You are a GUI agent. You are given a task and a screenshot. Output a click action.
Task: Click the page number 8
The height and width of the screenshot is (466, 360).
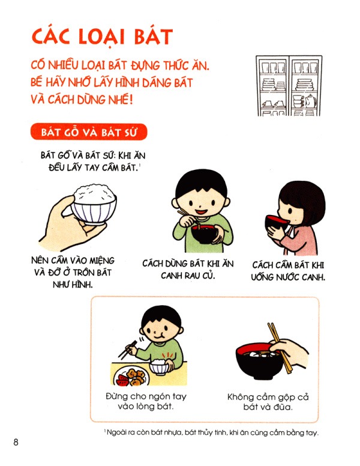pyautogui.click(x=16, y=443)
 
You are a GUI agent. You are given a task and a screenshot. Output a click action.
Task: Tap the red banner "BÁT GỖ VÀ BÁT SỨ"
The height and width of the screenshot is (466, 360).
pyautogui.click(x=88, y=132)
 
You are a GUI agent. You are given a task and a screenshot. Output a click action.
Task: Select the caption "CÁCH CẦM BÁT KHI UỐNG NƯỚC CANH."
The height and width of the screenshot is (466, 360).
pyautogui.click(x=289, y=271)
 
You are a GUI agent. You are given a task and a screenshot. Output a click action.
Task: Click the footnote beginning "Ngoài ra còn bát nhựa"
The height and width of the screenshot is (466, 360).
pyautogui.click(x=210, y=433)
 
